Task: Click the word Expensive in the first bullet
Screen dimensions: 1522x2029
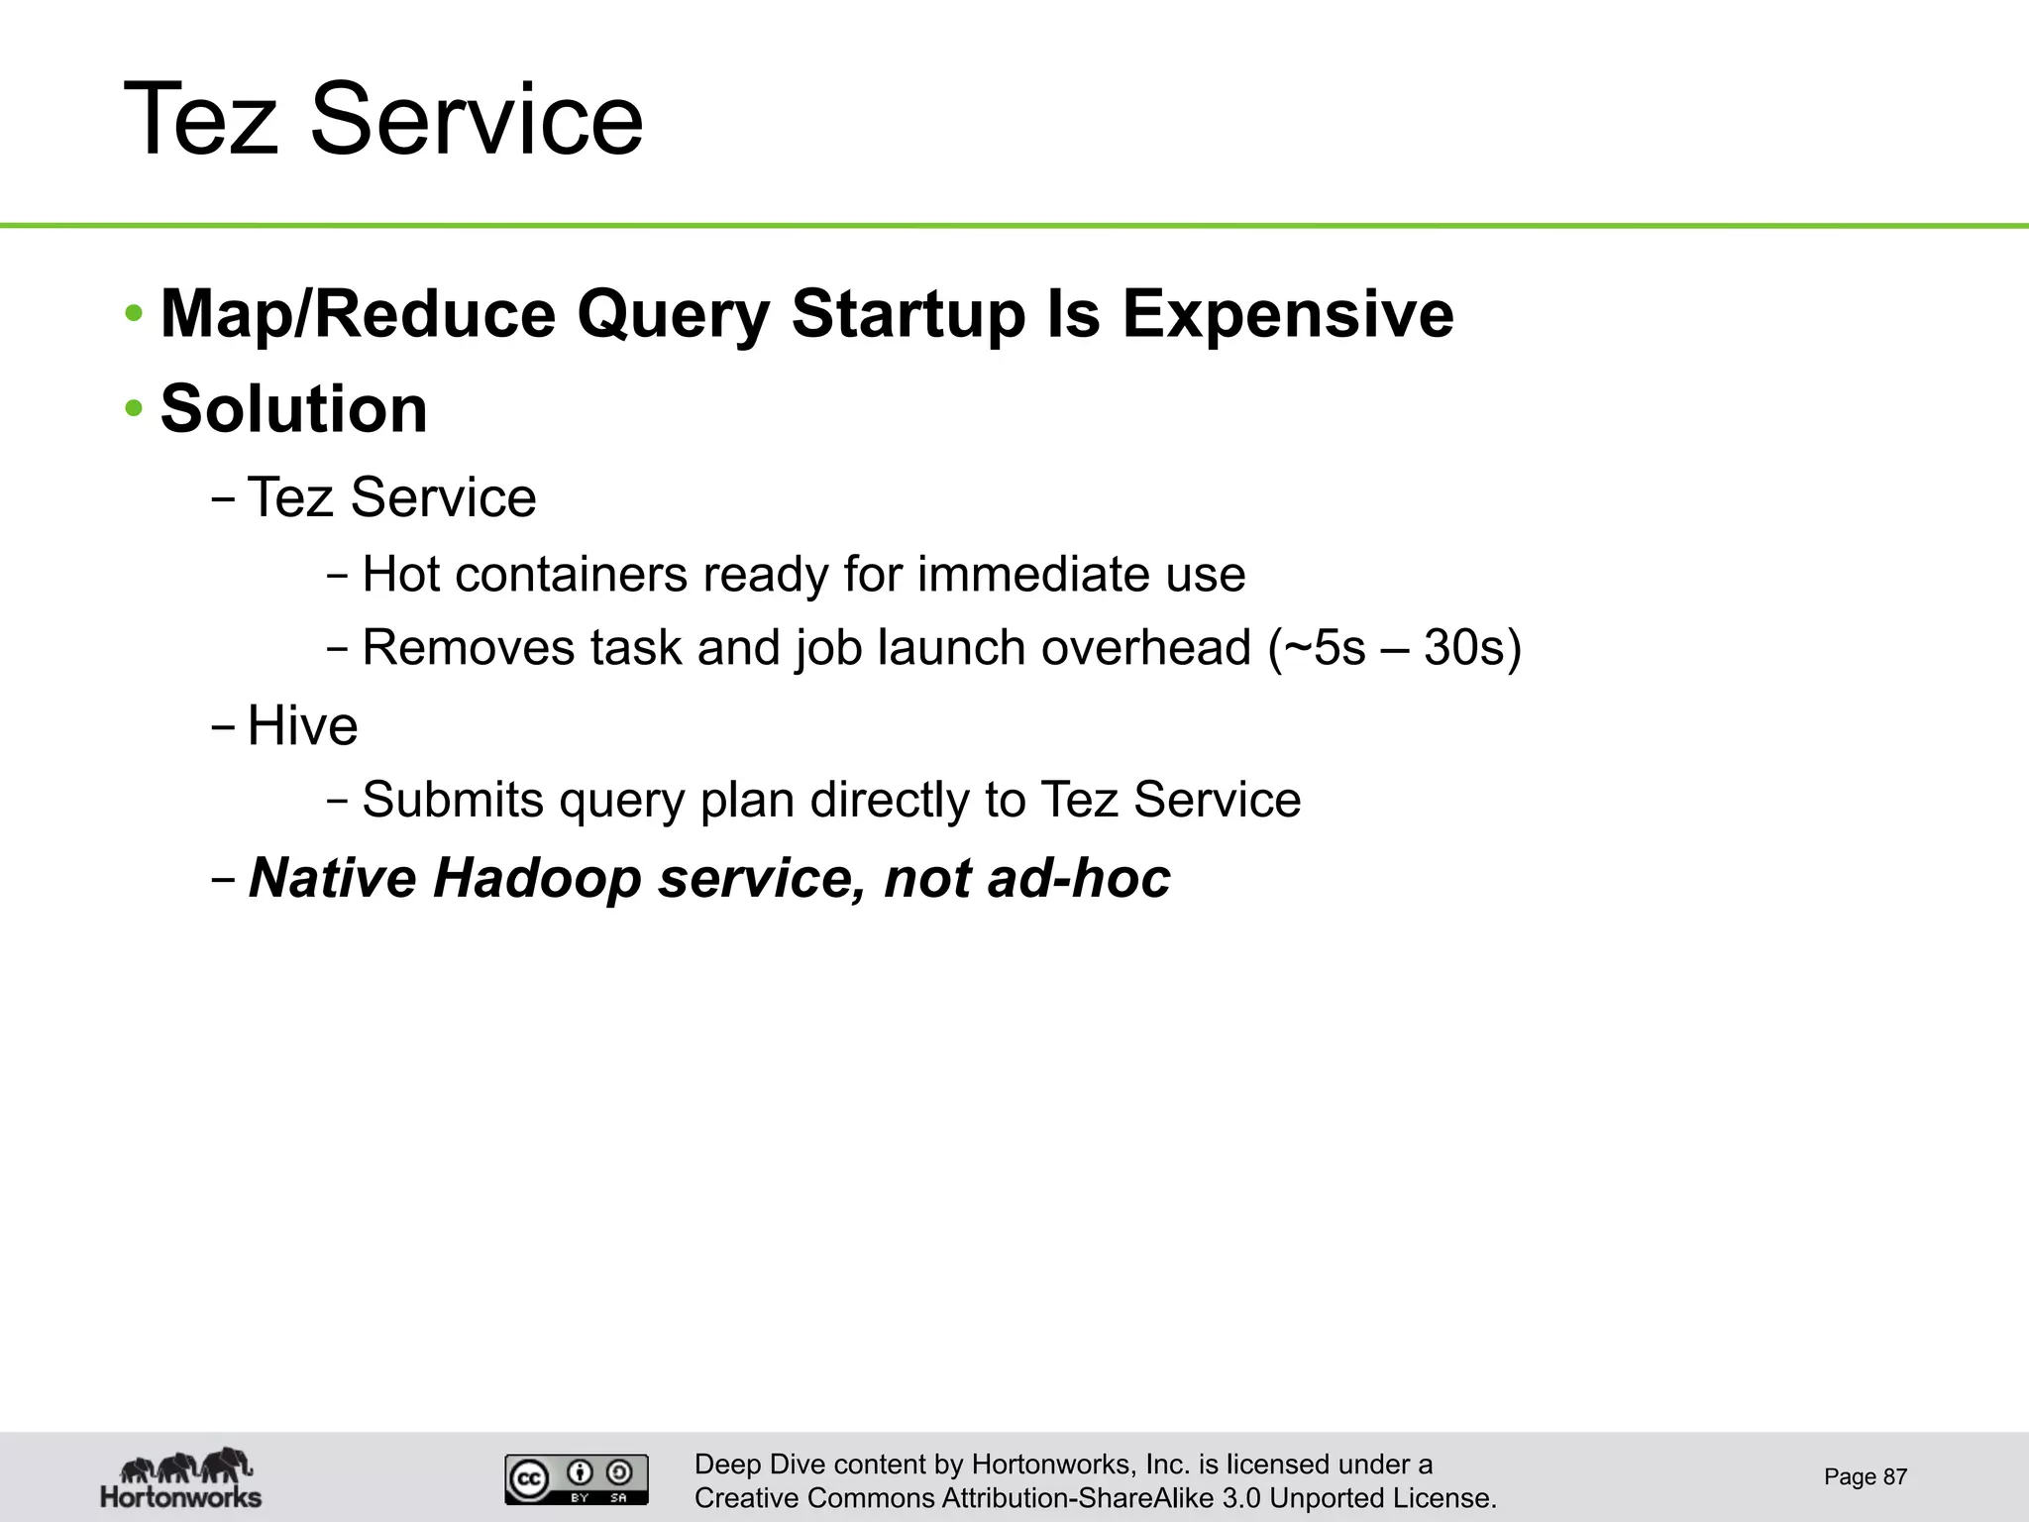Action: coord(1287,314)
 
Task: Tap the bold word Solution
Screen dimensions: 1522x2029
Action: coord(293,409)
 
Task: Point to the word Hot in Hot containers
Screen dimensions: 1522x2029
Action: coord(400,575)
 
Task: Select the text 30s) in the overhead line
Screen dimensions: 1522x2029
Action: coord(1472,648)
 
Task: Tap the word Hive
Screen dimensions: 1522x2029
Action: coord(302,725)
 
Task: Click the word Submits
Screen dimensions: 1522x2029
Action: coord(453,800)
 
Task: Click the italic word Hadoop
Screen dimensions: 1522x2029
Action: coord(537,878)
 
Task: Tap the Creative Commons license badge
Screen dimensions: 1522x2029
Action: coord(577,1479)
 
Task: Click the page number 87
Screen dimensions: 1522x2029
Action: coord(1894,1477)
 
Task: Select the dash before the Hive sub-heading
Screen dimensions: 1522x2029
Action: coord(223,725)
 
